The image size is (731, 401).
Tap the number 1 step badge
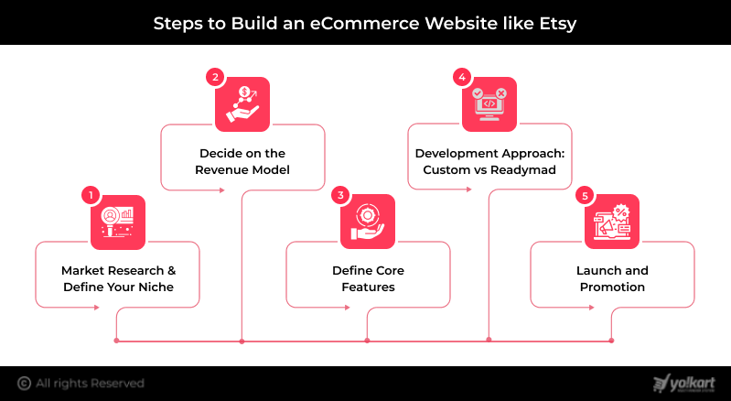[90, 194]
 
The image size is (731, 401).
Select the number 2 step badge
[215, 77]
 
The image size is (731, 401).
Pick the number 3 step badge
[340, 194]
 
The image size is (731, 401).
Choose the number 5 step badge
[585, 194]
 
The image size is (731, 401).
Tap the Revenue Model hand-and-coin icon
[242, 104]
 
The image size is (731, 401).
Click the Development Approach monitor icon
[489, 104]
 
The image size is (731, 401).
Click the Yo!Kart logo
[683, 383]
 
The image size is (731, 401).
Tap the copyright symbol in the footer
[25, 383]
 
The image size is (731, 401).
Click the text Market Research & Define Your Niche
[118, 279]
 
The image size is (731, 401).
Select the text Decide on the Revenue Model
[242, 162]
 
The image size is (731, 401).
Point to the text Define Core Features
[368, 279]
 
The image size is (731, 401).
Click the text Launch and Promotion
[611, 279]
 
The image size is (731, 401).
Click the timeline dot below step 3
[367, 341]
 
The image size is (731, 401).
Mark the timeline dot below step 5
[611, 341]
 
